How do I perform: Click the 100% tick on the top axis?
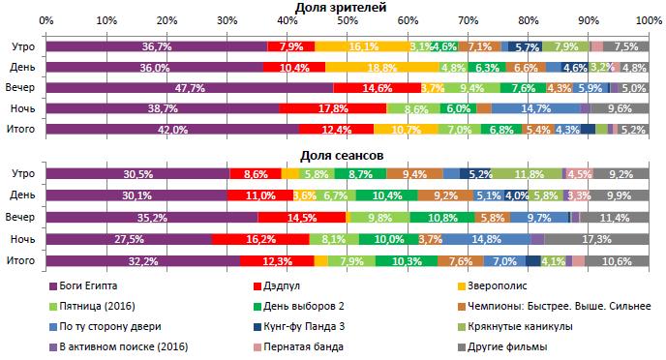(647, 19)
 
